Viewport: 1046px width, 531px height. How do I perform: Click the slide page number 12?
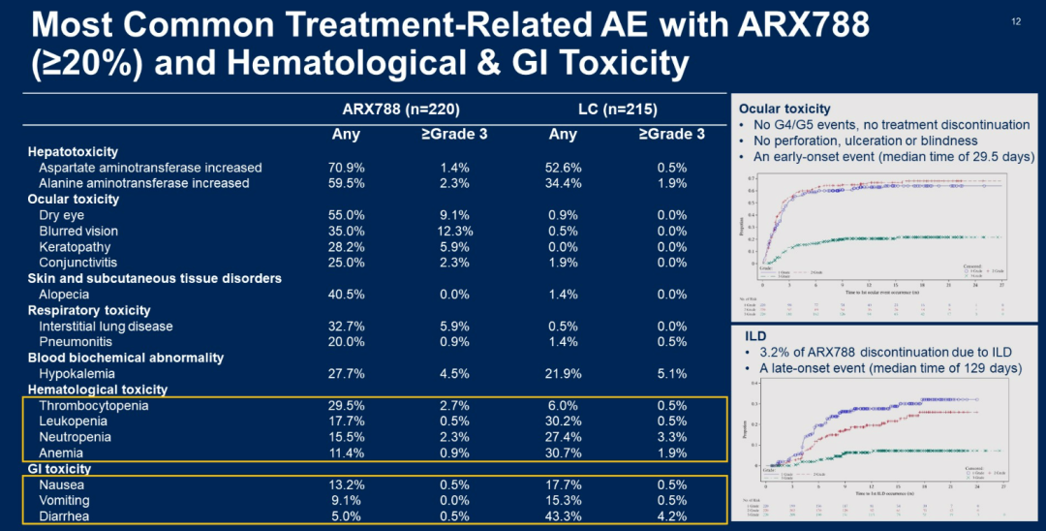click(1016, 21)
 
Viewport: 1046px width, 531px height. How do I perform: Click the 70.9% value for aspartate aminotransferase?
click(346, 168)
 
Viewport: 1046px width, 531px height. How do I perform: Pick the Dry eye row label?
click(63, 215)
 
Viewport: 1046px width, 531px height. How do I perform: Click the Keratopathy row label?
click(76, 247)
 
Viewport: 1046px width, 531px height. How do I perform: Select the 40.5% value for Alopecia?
click(346, 295)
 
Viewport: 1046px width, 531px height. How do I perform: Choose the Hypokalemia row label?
click(77, 374)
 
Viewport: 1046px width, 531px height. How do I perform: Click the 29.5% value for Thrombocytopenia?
click(346, 406)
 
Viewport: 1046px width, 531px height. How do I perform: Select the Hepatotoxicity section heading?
click(73, 151)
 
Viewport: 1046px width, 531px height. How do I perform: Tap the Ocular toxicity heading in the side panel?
click(784, 109)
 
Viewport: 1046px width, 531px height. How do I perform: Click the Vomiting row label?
click(64, 501)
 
